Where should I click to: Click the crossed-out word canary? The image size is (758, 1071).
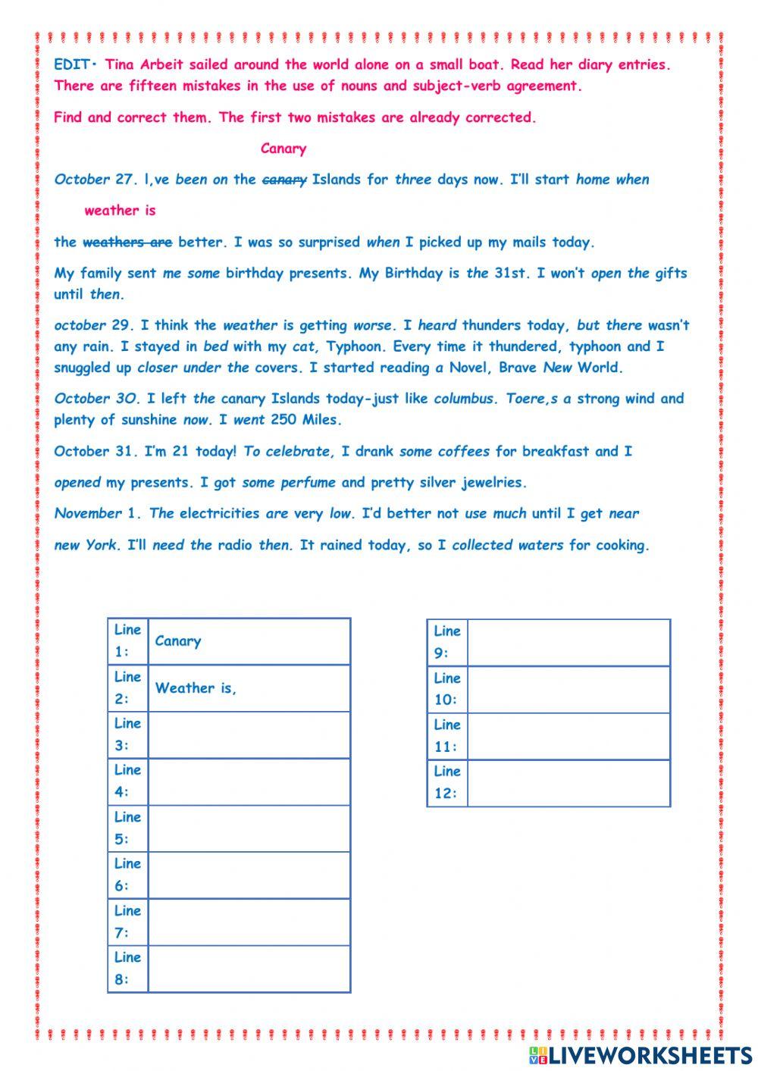pyautogui.click(x=284, y=180)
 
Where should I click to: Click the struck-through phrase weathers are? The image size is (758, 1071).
pyautogui.click(x=127, y=243)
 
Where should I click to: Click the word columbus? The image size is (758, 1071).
pyautogui.click(x=464, y=399)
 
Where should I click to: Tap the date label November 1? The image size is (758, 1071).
pyautogui.click(x=98, y=514)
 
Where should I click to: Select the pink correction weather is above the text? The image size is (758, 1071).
pyautogui.click(x=120, y=211)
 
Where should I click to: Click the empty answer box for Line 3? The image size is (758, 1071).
pyautogui.click(x=249, y=734)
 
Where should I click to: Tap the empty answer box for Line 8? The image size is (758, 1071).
pyautogui.click(x=249, y=969)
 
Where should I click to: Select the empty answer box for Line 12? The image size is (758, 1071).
pyautogui.click(x=568, y=783)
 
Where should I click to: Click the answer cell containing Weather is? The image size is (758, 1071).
pyautogui.click(x=249, y=688)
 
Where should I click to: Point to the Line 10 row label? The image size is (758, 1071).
pyautogui.click(x=447, y=689)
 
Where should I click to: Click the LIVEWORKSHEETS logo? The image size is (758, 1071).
pyautogui.click(x=640, y=1054)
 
